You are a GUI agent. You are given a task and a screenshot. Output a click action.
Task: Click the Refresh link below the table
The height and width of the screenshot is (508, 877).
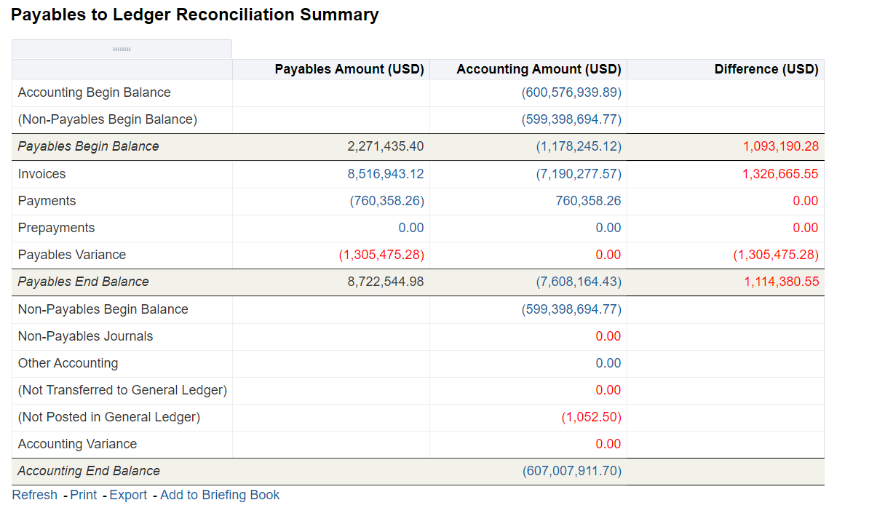(x=34, y=495)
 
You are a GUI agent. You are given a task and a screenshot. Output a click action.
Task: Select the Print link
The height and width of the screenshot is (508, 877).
(x=84, y=495)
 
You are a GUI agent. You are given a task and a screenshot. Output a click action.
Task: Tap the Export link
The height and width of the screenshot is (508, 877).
(x=128, y=495)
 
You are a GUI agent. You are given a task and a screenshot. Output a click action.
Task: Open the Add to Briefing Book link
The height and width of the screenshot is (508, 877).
(x=220, y=495)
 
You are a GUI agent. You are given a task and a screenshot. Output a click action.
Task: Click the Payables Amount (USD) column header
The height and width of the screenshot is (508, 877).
(x=349, y=69)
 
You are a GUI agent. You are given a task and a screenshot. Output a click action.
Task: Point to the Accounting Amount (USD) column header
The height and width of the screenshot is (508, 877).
(x=539, y=69)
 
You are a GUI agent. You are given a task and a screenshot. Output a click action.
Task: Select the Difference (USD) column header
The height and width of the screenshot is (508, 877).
(x=766, y=69)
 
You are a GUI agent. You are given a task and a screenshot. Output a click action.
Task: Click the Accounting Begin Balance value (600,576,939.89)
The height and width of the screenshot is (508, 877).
(x=571, y=92)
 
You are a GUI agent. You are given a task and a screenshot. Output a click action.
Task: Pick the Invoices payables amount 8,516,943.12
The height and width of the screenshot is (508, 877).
(x=386, y=174)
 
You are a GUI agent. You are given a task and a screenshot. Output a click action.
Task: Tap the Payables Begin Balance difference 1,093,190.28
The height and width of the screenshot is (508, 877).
(x=781, y=146)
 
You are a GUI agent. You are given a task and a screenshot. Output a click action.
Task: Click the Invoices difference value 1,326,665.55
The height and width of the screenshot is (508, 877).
(x=781, y=174)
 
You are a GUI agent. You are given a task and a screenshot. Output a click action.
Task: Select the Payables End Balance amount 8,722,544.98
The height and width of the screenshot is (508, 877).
(x=386, y=282)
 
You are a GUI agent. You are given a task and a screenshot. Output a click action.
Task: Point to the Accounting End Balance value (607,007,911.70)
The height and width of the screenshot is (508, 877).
(x=572, y=471)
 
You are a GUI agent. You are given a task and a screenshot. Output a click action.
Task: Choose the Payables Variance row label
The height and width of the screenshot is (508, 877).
(x=72, y=255)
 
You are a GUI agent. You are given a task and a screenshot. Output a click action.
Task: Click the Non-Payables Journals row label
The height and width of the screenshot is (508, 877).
(x=85, y=336)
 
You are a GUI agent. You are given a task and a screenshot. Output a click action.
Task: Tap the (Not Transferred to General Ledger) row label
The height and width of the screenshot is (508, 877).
(x=122, y=390)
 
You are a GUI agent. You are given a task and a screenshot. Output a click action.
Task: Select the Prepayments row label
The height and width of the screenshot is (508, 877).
(x=56, y=228)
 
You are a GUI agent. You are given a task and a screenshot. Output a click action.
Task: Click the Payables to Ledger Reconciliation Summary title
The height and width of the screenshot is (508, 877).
(x=194, y=15)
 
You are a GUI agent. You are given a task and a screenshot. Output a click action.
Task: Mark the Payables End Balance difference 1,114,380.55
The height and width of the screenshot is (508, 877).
(x=781, y=282)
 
